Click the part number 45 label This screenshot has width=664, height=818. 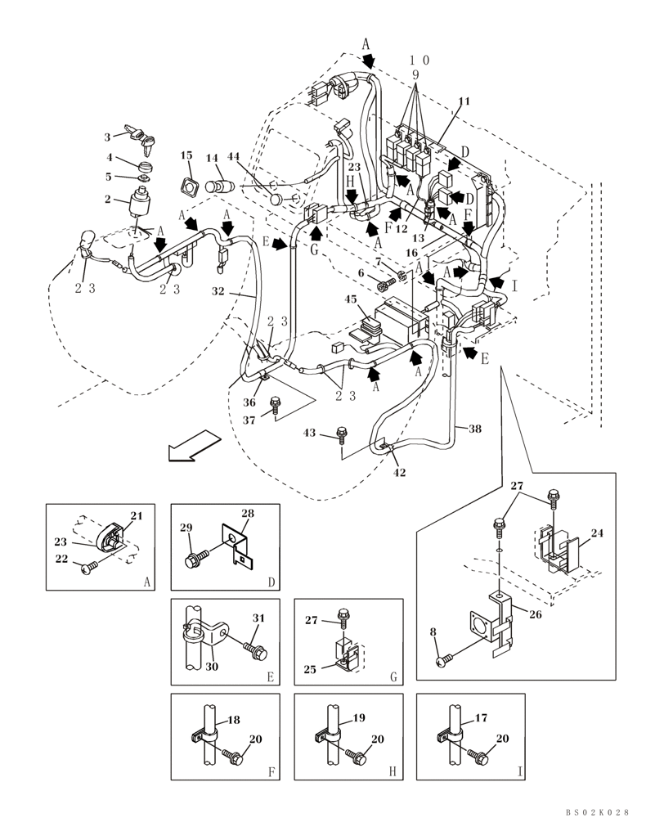pos(351,299)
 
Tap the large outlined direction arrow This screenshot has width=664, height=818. pos(187,447)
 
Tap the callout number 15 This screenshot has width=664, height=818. pos(186,155)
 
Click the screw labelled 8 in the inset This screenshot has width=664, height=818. pos(442,658)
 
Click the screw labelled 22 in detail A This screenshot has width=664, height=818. pos(87,565)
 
